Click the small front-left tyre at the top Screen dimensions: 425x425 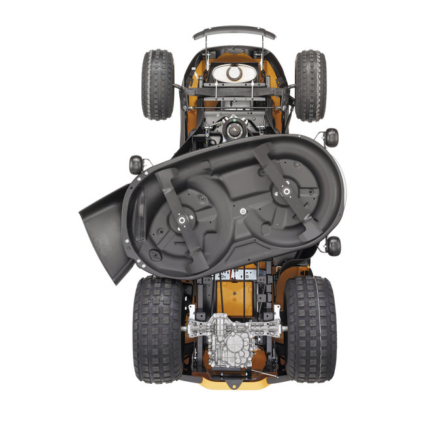[x=158, y=84]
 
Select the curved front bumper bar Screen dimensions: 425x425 [x=233, y=31]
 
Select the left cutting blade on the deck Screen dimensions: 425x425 [x=181, y=218]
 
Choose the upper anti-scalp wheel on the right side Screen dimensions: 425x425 [x=331, y=137]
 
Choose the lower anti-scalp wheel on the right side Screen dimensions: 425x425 [x=333, y=246]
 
